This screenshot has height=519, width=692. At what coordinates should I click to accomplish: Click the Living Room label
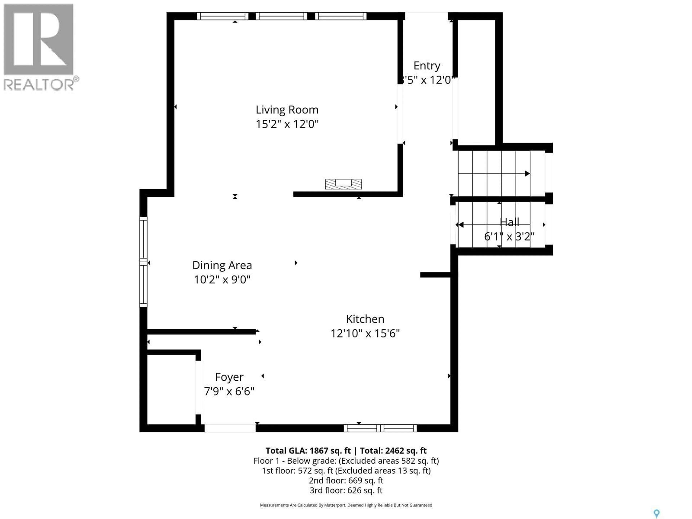(287, 110)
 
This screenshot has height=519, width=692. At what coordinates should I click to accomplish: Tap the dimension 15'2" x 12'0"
(287, 124)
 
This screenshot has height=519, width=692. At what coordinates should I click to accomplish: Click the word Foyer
(229, 377)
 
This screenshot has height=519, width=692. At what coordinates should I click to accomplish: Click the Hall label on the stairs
(509, 222)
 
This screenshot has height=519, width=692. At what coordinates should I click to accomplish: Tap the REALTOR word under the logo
(39, 85)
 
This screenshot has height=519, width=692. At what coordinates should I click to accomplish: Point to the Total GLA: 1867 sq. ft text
(308, 451)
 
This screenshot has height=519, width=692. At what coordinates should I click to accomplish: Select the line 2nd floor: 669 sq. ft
(346, 480)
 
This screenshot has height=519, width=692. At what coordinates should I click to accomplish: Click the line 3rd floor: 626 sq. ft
(346, 491)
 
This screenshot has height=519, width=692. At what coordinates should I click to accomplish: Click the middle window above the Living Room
(281, 16)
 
